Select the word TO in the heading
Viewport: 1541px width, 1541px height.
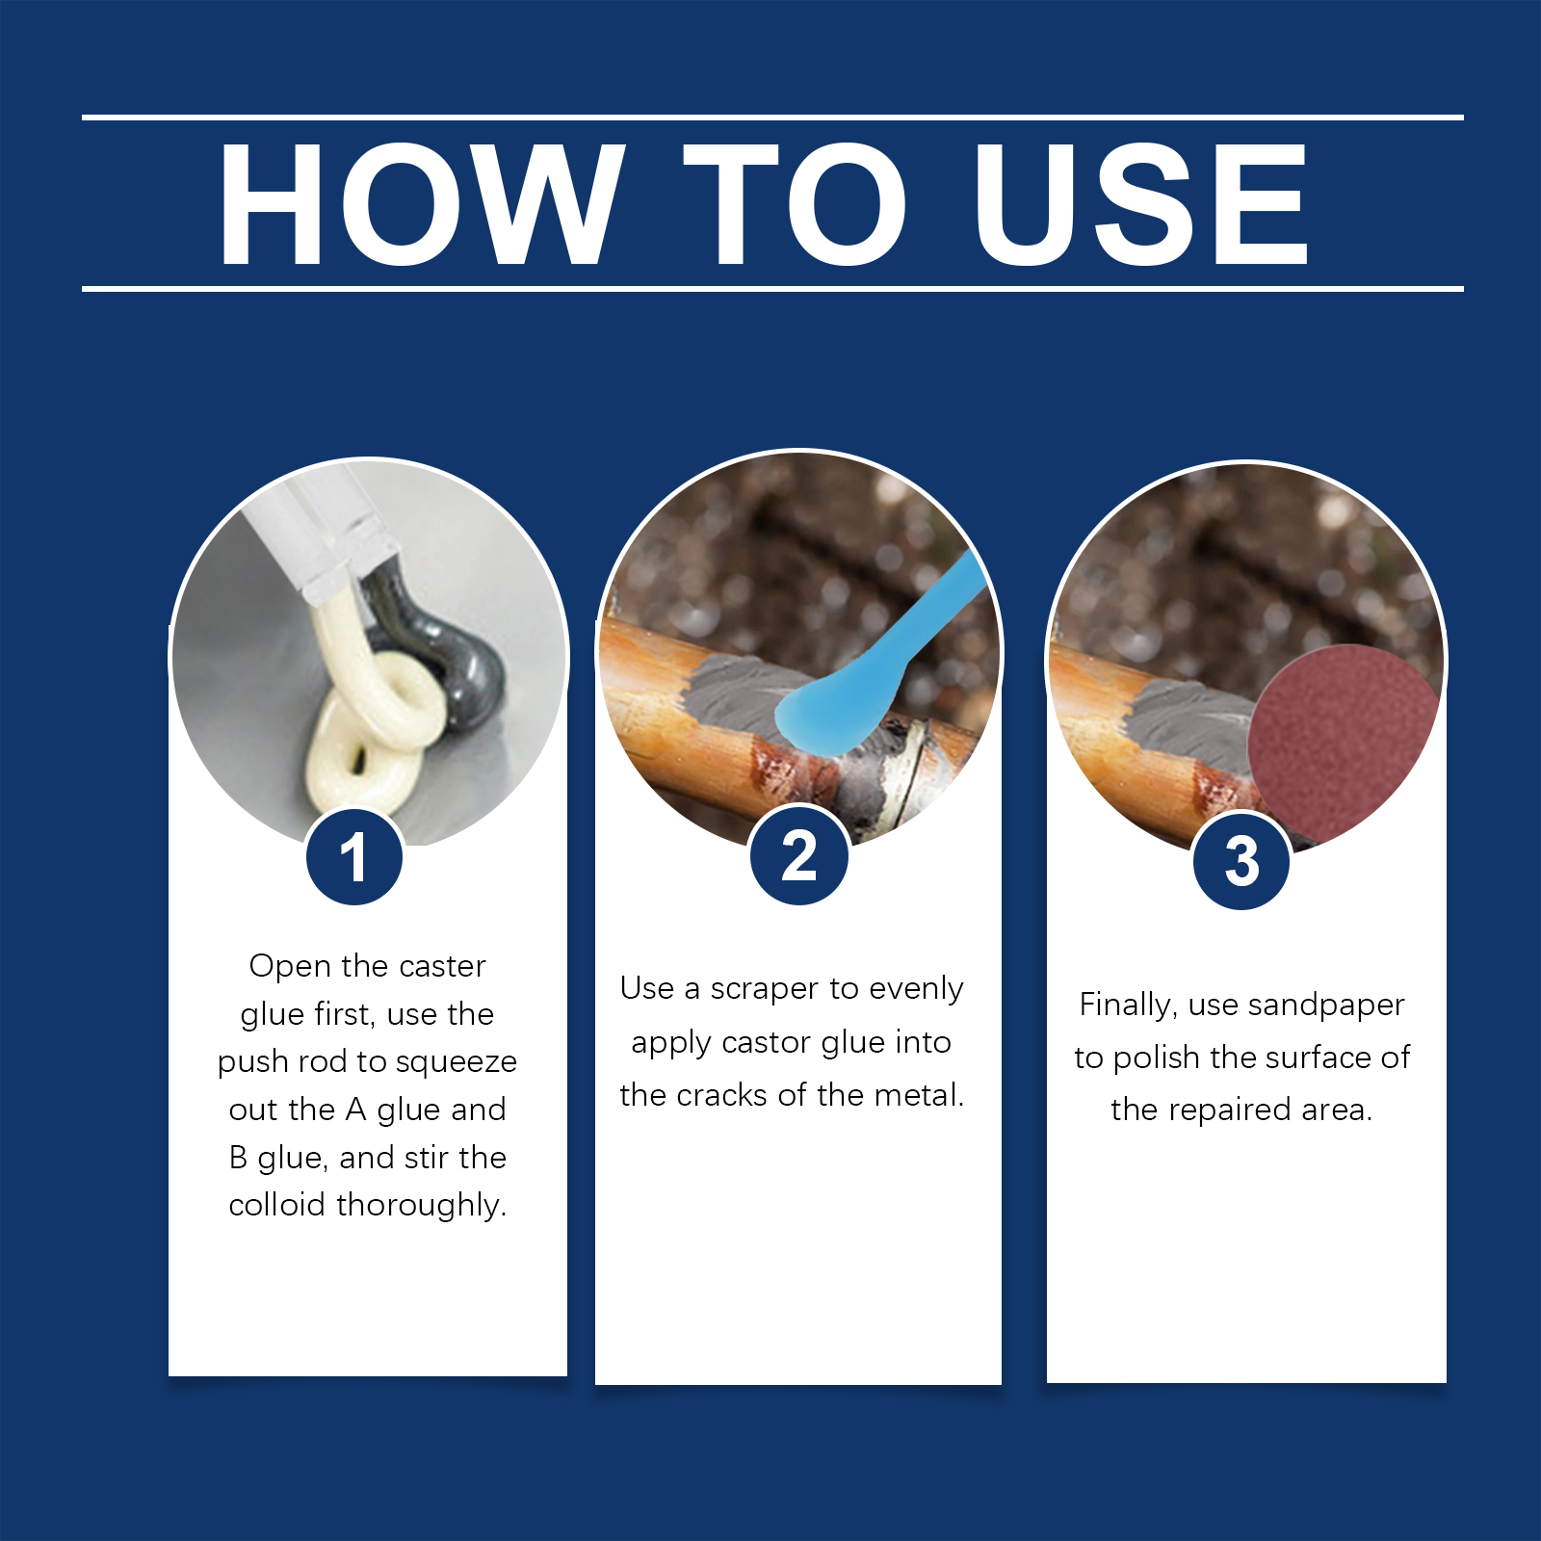point(795,204)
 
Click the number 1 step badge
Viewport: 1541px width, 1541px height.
point(353,856)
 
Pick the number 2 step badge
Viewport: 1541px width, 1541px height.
point(798,855)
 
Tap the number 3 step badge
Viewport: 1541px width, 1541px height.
point(1241,860)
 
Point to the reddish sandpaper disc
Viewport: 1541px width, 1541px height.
point(1344,742)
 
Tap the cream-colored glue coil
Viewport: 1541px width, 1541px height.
point(371,713)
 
